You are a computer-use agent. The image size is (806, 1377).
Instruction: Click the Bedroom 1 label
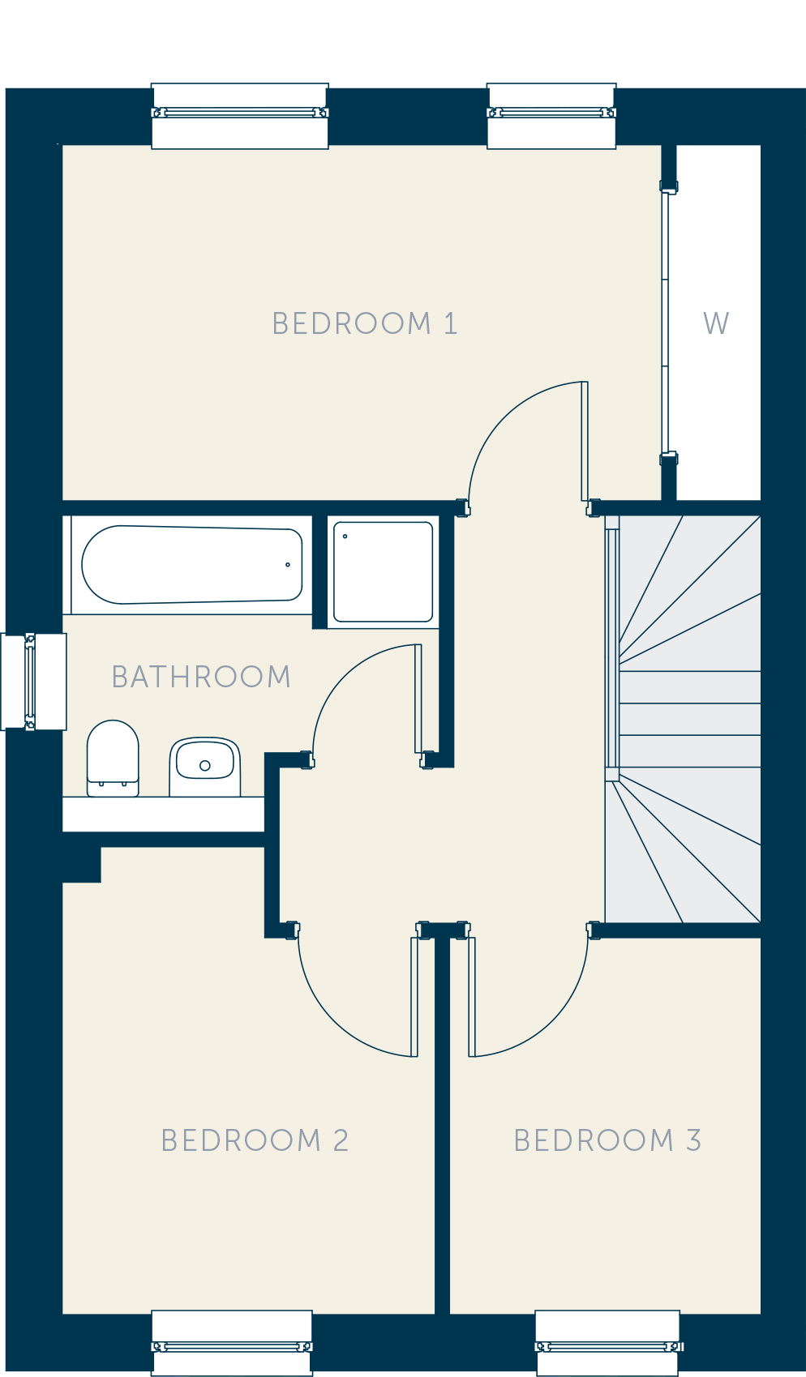[365, 324]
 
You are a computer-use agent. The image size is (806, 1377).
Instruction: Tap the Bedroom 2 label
[255, 1140]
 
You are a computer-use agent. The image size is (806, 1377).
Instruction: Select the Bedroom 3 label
[607, 1140]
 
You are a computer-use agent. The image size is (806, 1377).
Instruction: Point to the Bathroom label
[201, 677]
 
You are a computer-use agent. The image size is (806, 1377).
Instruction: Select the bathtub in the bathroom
[192, 564]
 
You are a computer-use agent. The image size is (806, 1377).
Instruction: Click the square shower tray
[383, 571]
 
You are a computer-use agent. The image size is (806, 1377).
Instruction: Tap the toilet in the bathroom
[113, 758]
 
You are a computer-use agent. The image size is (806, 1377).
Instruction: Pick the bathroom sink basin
[204, 767]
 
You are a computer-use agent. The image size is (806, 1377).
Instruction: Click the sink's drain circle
[204, 765]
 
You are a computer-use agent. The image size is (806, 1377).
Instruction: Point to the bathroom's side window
[33, 682]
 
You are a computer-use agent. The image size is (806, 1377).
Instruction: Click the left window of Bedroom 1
[240, 116]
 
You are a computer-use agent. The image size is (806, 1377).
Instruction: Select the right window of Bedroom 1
[551, 116]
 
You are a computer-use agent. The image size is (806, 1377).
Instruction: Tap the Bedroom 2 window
[232, 1346]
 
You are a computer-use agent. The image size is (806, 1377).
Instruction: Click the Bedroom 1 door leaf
[585, 442]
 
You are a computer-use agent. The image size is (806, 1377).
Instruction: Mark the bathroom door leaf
[418, 699]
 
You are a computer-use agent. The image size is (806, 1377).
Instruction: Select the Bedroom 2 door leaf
[414, 997]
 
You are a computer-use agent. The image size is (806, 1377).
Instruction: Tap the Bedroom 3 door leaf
[472, 997]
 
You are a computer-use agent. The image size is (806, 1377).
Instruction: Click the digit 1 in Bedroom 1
[451, 324]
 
